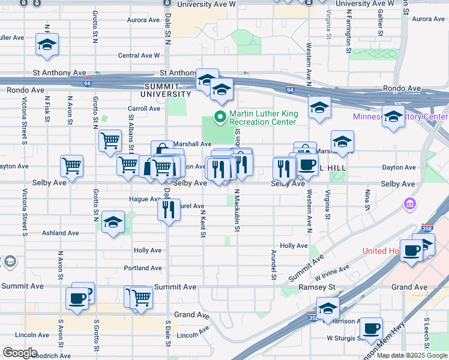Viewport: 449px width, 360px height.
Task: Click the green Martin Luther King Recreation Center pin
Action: point(220,116)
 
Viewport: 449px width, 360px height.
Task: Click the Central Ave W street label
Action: point(139,55)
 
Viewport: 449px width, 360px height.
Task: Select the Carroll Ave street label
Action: point(144,109)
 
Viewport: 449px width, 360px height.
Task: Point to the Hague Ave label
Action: point(143,199)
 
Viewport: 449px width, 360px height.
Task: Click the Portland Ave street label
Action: point(143,268)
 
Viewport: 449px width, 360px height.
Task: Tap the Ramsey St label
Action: point(313,287)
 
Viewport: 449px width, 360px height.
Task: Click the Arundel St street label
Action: point(273,265)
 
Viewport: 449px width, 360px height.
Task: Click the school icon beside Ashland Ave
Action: point(113,223)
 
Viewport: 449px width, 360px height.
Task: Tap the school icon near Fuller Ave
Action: point(47,44)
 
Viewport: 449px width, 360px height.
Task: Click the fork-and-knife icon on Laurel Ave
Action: point(169,209)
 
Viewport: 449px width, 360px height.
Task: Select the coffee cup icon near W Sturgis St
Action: point(372,328)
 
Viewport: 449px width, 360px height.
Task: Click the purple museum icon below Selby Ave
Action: point(410,205)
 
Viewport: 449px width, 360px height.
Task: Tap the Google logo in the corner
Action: point(20,353)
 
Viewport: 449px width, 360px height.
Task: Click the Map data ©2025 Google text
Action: point(412,355)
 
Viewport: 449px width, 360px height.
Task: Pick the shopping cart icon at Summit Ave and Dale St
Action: point(141,296)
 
